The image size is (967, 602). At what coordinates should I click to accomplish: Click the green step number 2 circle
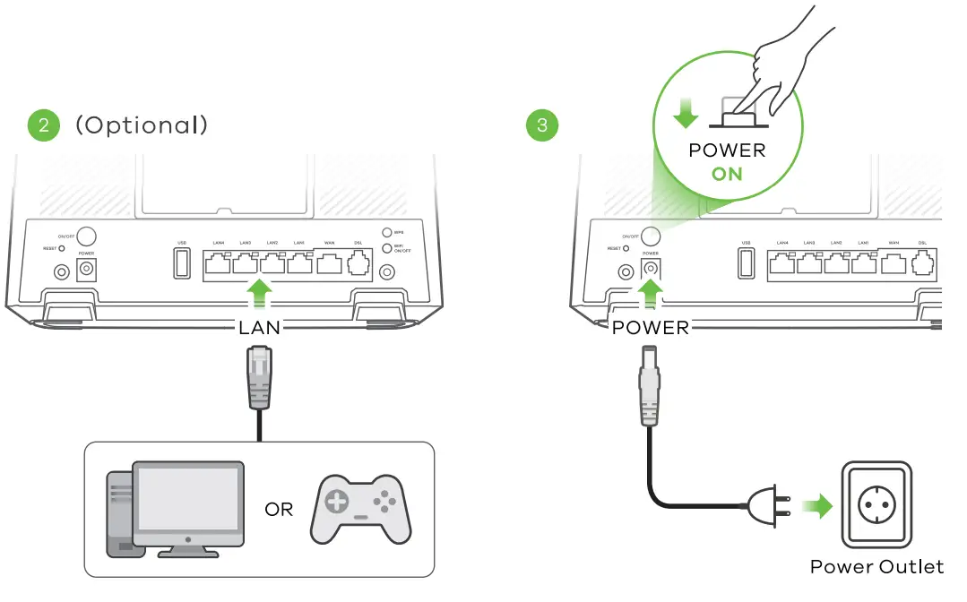[x=43, y=125]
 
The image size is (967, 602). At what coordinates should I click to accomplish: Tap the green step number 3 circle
[x=541, y=125]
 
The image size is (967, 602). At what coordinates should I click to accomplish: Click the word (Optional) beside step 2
[x=142, y=125]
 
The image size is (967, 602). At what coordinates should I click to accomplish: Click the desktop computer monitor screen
[x=187, y=499]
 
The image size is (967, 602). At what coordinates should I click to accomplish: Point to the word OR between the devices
[x=279, y=509]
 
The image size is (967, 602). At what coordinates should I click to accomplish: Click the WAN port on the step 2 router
[x=330, y=263]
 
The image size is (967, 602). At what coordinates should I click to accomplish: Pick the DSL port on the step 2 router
[x=358, y=263]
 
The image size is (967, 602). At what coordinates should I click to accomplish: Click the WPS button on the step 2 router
[x=386, y=231]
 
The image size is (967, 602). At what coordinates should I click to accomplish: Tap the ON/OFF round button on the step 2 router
[x=88, y=236]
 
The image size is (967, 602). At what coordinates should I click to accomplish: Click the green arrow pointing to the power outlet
[x=816, y=507]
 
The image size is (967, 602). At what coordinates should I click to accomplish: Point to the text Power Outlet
[x=876, y=566]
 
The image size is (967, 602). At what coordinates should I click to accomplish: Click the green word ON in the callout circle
[x=727, y=173]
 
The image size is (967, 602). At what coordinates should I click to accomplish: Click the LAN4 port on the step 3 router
[x=782, y=263]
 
